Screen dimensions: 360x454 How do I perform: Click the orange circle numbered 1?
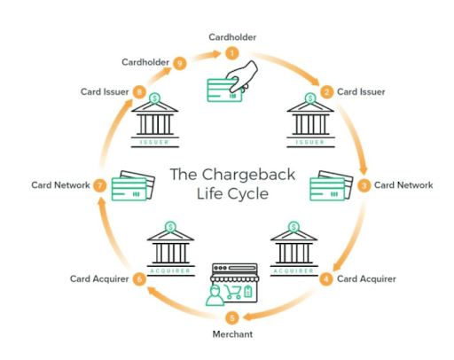[x=232, y=53]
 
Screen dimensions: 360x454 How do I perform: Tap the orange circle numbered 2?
[x=326, y=91]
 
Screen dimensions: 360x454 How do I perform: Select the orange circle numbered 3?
[x=364, y=185]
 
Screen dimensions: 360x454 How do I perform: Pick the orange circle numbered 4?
[x=326, y=279]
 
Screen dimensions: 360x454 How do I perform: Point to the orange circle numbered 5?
[x=232, y=317]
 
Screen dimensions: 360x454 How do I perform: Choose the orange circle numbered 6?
[x=139, y=279]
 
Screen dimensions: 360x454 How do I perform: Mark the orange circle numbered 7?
[x=100, y=185]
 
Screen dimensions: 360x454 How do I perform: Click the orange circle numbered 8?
[x=139, y=91]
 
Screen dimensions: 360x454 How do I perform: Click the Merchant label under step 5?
[x=232, y=334]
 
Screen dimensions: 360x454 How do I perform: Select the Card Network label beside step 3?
[x=403, y=185]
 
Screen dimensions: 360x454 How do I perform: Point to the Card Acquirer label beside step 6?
[x=99, y=279]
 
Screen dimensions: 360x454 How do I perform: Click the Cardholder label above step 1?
[x=231, y=36]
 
